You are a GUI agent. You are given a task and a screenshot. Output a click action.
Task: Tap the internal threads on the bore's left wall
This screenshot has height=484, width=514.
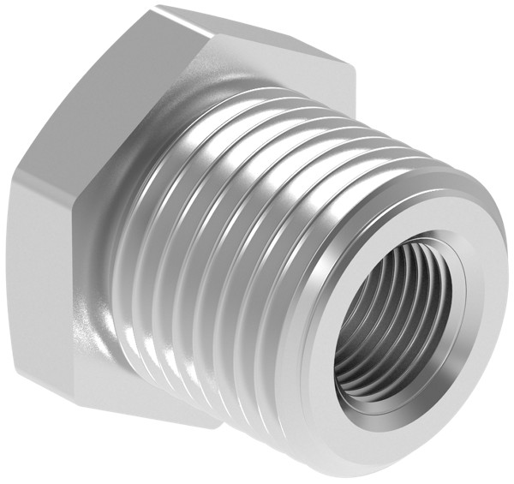364,326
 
